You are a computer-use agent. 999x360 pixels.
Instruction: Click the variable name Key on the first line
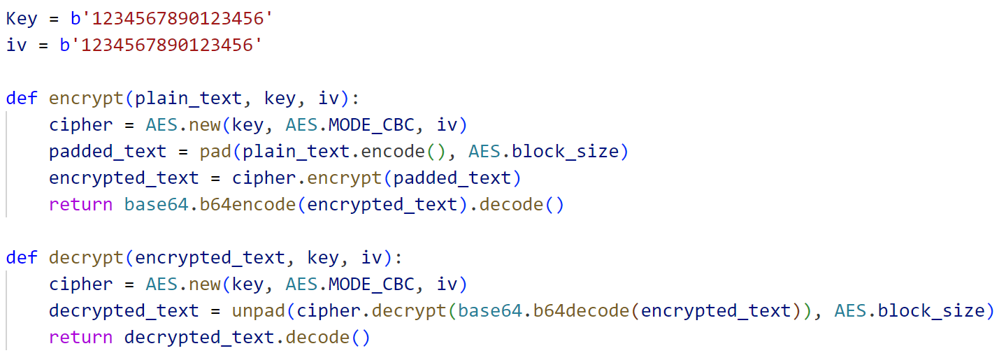point(22,19)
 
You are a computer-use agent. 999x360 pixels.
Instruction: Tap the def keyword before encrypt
point(22,99)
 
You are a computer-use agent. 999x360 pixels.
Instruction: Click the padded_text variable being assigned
point(108,152)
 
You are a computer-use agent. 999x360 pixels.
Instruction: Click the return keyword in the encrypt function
point(81,205)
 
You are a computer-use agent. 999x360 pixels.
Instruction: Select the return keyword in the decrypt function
point(81,338)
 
